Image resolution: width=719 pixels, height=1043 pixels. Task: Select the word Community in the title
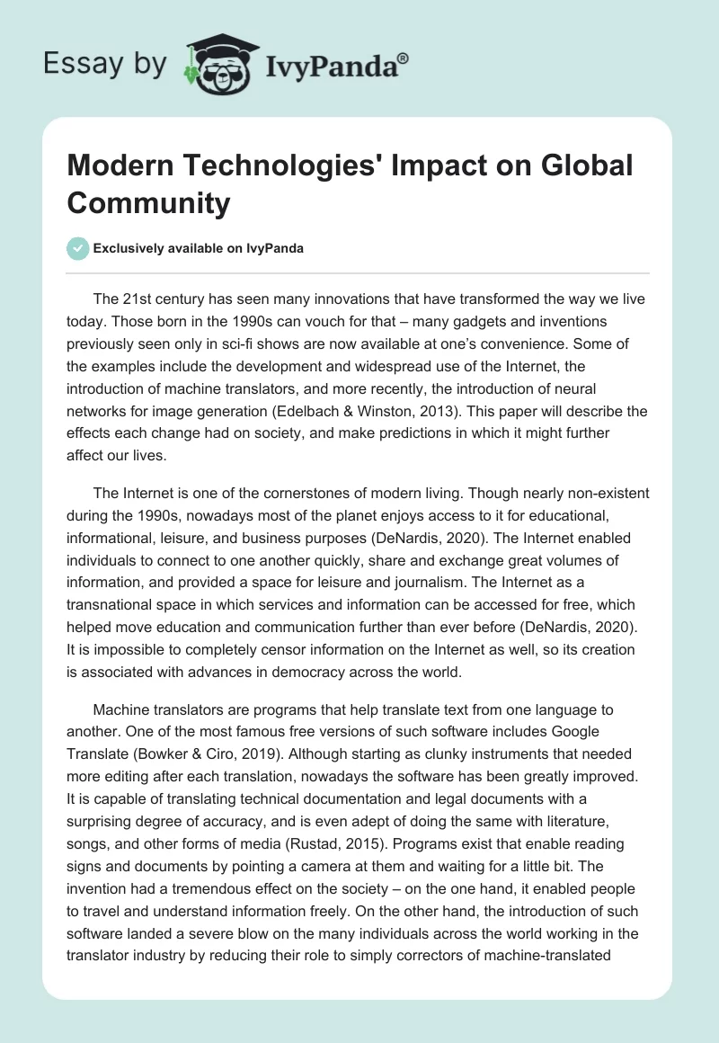[x=149, y=203]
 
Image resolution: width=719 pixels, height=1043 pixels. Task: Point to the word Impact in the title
[x=442, y=165]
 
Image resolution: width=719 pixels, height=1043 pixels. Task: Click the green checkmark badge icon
[x=78, y=247]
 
